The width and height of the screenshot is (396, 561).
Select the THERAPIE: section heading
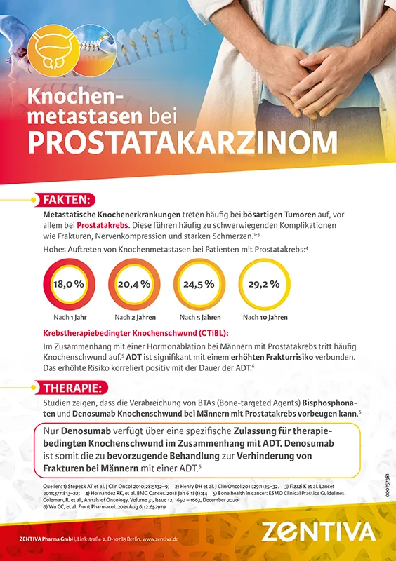point(75,388)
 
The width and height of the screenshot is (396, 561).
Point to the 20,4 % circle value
point(134,284)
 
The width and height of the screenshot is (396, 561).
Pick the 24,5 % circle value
point(197,284)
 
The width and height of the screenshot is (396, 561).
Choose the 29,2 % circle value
point(263,284)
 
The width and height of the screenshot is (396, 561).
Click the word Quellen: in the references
point(54,485)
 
